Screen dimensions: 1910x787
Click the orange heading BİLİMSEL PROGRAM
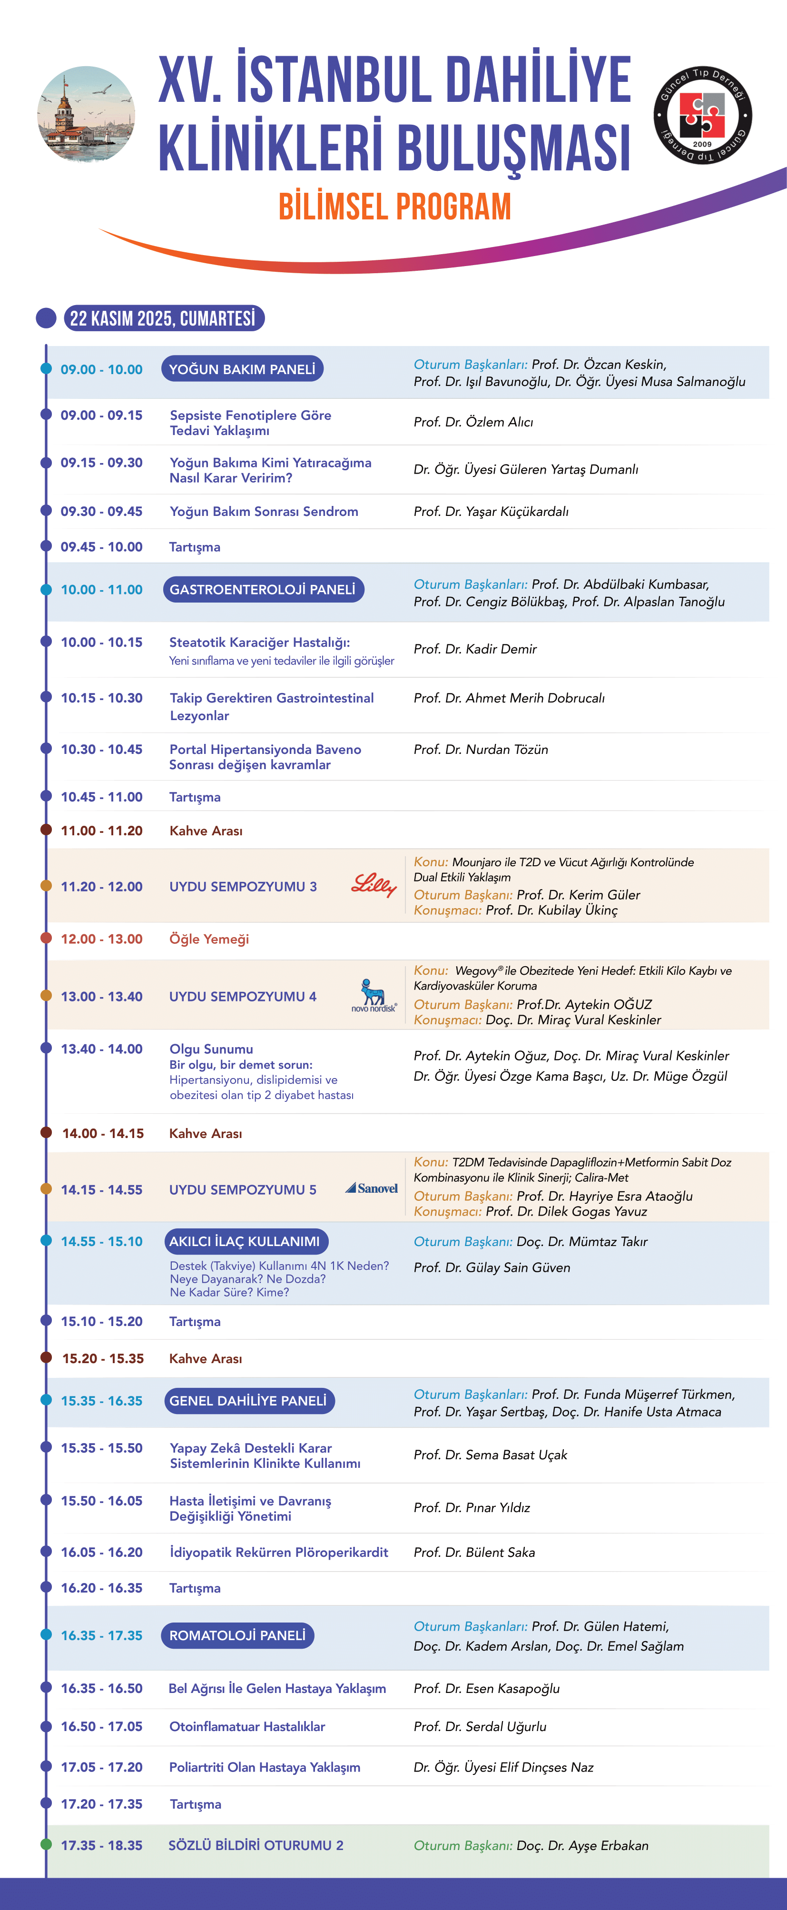[394, 207]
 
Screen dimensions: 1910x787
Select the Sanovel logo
[372, 1188]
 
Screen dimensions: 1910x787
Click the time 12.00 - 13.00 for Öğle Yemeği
[101, 939]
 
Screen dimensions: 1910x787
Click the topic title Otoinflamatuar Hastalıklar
[247, 1727]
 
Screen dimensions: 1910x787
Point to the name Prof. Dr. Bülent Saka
[474, 1553]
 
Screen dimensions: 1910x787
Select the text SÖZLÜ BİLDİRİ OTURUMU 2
[256, 1845]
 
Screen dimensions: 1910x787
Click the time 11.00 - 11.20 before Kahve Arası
[101, 831]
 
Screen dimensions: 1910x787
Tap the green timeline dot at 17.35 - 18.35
[46, 1845]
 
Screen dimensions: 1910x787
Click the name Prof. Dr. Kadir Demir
[475, 649]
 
